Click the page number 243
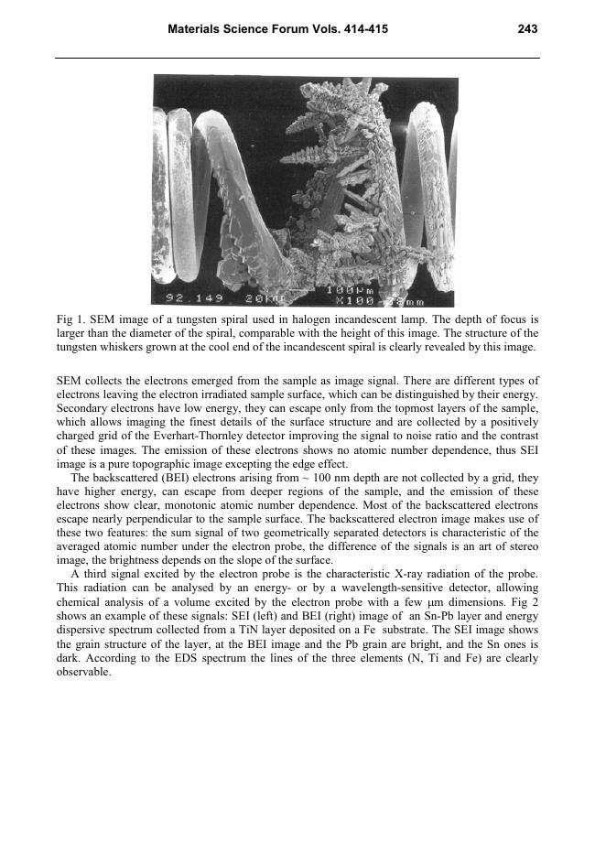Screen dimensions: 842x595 [x=526, y=29]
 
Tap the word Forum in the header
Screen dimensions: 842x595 [x=308, y=29]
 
